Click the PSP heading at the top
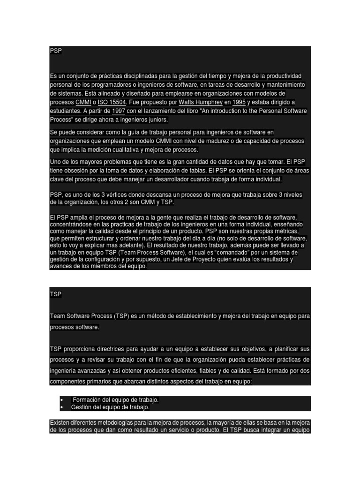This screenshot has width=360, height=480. [56, 51]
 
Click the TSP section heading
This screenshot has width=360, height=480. [55, 294]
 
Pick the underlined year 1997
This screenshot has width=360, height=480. [119, 111]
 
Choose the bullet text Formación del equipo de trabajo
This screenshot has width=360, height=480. [115, 400]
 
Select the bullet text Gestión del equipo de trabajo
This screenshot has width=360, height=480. [111, 407]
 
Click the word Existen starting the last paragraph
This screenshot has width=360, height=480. [60, 423]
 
